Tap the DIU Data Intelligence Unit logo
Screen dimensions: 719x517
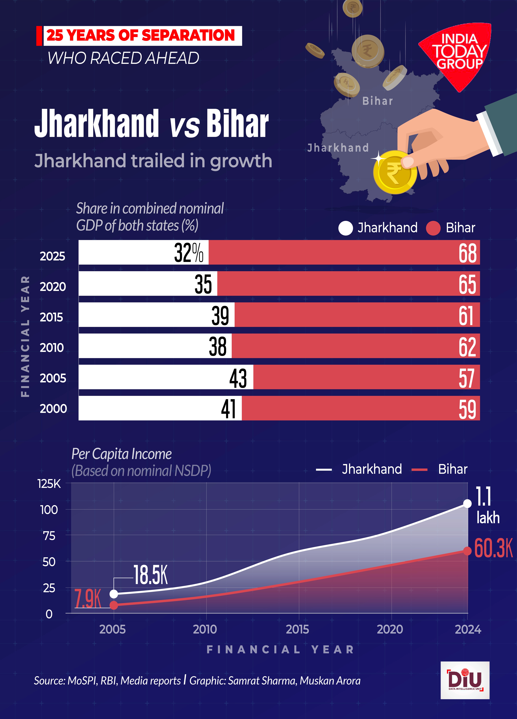465,680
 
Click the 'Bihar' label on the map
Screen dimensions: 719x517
377,101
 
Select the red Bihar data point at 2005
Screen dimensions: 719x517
114,605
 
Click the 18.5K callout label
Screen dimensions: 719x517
150,575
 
